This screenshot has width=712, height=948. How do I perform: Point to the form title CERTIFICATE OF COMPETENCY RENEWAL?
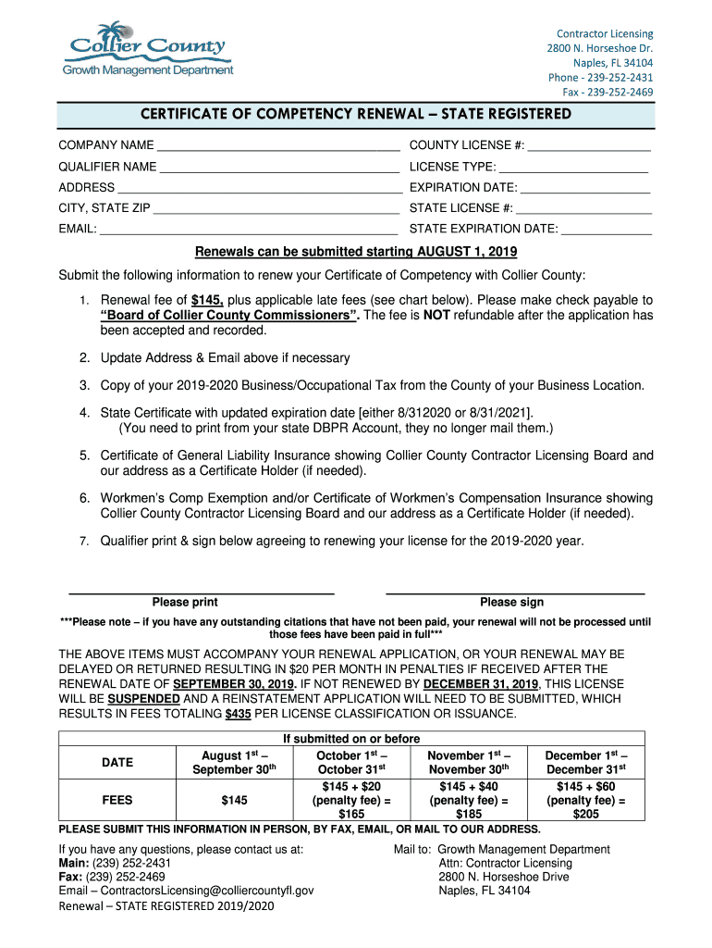355,114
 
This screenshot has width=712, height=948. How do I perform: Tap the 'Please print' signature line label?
185,602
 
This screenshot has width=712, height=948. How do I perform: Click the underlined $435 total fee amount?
239,714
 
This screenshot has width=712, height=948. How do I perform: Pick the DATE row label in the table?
117,762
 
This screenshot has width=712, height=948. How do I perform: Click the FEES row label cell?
117,800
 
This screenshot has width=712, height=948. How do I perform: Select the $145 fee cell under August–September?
234,800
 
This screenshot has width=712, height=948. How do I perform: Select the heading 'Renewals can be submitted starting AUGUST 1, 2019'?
355,252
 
